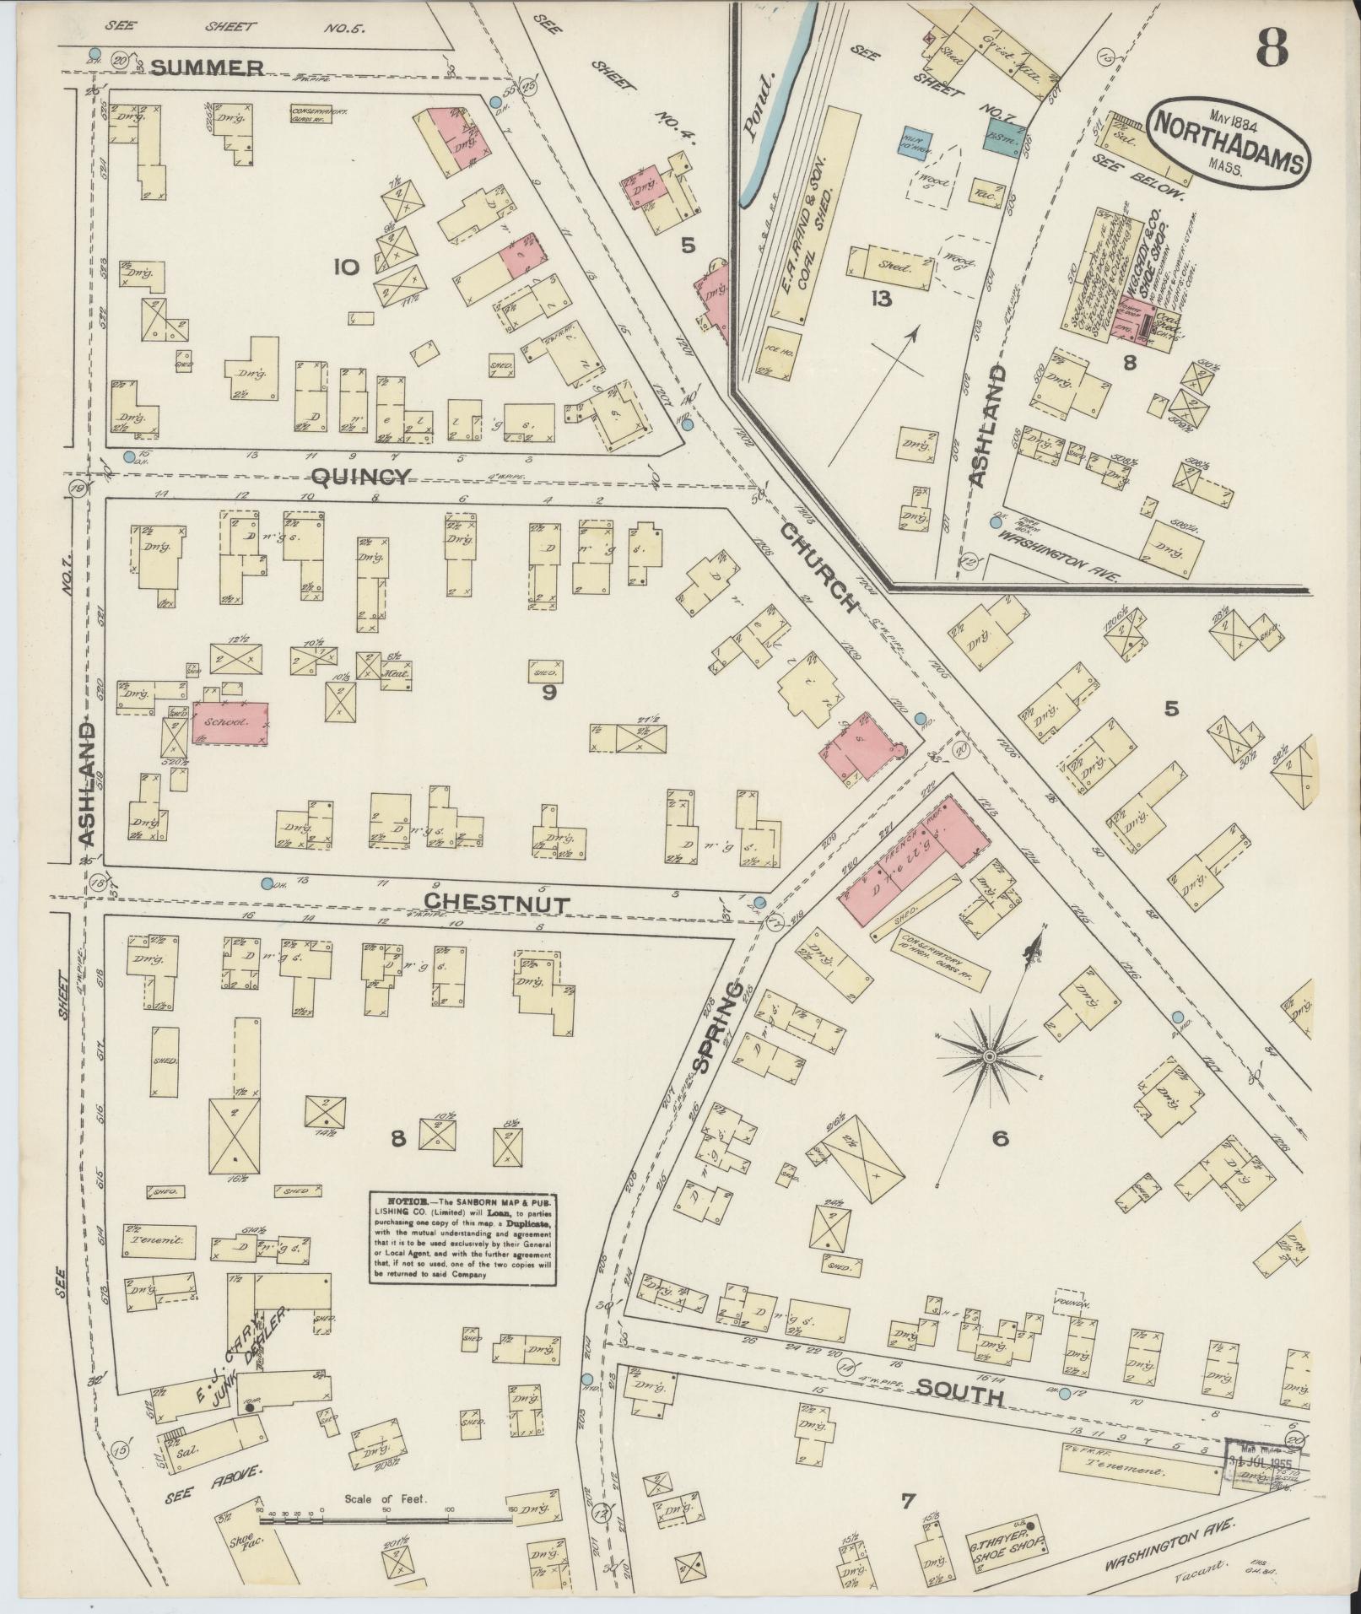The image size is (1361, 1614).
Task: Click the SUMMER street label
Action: coord(208,67)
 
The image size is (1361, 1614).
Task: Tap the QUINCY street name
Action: coord(360,478)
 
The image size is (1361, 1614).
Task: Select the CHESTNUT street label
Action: coord(496,903)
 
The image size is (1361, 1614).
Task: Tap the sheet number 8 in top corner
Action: coord(1271,48)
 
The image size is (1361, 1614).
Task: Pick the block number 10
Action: coord(346,267)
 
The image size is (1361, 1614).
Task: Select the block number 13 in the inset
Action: coord(881,299)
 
